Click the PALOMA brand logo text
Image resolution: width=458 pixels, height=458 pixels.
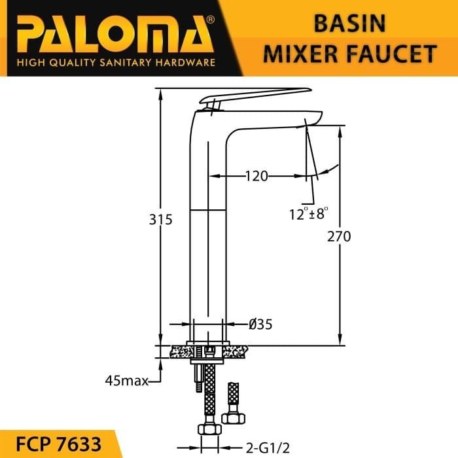tap(115, 35)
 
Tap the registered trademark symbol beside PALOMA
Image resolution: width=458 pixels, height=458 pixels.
tap(210, 20)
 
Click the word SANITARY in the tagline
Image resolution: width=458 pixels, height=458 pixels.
tap(126, 63)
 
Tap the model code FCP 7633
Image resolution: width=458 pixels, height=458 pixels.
tap(58, 444)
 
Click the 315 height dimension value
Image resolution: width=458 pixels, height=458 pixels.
tap(161, 220)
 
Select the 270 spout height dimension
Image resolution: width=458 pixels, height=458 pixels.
tap(339, 237)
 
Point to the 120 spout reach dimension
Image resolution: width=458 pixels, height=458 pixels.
tap(256, 176)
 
